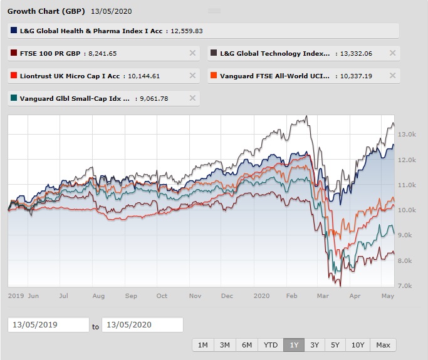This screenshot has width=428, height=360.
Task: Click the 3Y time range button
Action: tap(315, 345)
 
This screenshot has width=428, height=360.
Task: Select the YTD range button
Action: tap(271, 345)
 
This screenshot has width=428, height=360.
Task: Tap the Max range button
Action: tap(383, 345)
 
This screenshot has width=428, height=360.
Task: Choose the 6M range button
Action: tap(247, 345)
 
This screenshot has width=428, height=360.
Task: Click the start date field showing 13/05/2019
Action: tap(49, 324)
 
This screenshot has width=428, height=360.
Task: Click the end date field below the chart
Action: tap(142, 324)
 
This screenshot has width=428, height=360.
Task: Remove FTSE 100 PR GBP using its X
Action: tap(192, 53)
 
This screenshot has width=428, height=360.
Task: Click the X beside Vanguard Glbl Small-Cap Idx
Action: tap(192, 98)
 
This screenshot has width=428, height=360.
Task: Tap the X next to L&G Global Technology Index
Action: tap(392, 53)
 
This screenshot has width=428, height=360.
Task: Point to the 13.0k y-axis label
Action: tap(407, 135)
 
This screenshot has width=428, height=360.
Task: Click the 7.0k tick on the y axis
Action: tap(405, 286)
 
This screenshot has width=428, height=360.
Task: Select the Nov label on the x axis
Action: tap(195, 296)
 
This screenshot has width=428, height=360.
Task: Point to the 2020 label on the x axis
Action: tap(261, 296)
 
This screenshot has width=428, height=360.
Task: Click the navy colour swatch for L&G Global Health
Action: tap(14, 30)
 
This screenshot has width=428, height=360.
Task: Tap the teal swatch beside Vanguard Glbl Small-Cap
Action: tap(14, 98)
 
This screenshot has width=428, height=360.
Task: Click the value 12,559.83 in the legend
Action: tap(187, 31)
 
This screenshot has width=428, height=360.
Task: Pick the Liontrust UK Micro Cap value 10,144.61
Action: tap(144, 76)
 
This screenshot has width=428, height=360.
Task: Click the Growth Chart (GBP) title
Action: tap(46, 11)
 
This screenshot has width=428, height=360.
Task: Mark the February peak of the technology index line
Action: tap(306, 116)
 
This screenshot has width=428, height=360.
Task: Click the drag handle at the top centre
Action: tap(214, 11)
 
